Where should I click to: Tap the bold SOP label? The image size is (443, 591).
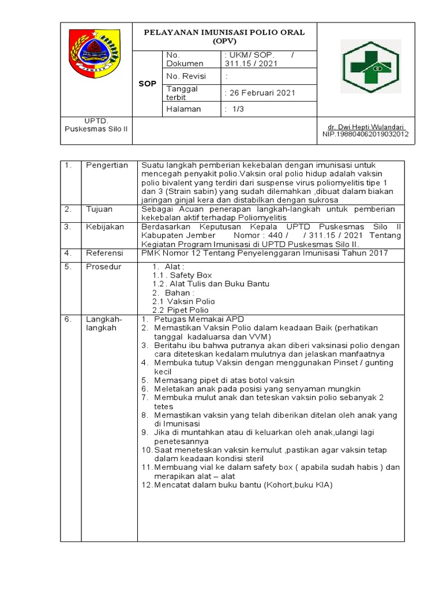coord(148,84)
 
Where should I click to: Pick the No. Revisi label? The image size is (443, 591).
coord(185,76)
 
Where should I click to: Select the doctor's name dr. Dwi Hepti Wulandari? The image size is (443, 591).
coord(365,127)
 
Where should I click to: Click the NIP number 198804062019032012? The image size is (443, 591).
coord(365,134)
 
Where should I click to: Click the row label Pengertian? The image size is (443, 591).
coord(107,166)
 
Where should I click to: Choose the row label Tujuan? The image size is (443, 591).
coord(99,209)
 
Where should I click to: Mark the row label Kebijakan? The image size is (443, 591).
coord(105,227)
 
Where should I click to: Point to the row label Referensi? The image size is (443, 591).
coord(106,253)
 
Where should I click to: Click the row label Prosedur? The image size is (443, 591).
coord(104,267)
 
